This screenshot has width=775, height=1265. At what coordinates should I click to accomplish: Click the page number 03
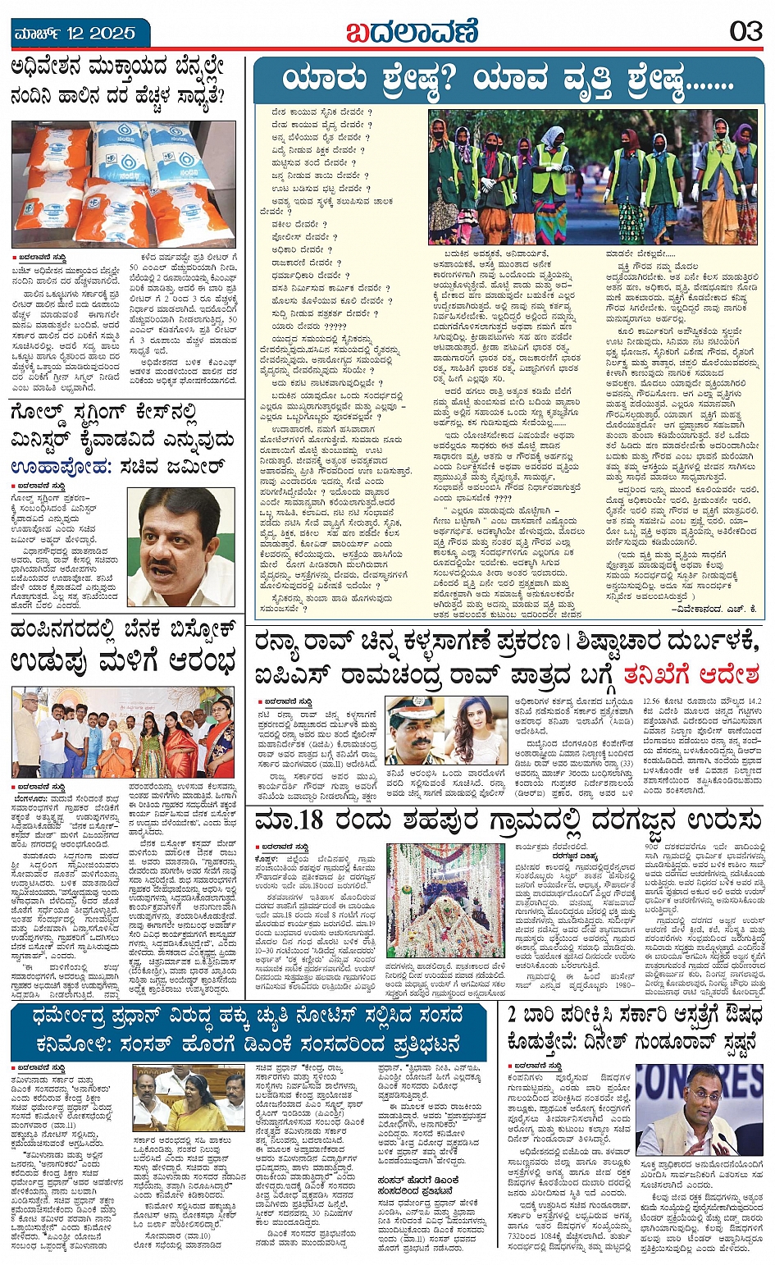pos(745,31)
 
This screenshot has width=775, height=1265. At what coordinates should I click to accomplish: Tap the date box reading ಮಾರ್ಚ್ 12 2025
pos(74,34)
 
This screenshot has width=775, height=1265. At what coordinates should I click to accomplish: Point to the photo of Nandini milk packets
pos(125,184)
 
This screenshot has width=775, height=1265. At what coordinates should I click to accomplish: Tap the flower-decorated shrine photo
pos(444,898)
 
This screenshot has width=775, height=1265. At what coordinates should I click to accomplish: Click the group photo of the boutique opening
pos(123,733)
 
